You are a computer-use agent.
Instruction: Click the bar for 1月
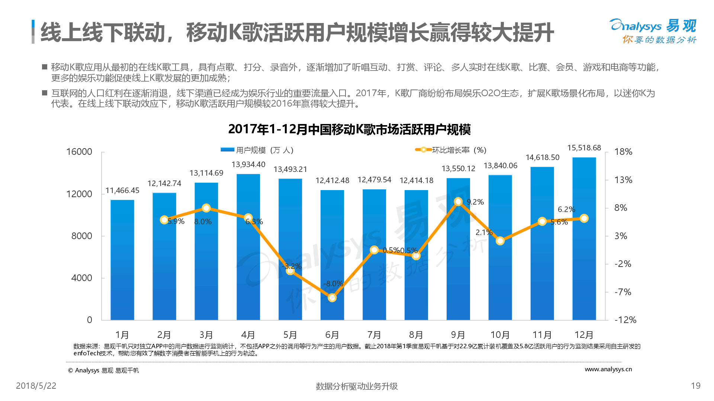coord(122,260)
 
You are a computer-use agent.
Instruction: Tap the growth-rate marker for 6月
coord(332,298)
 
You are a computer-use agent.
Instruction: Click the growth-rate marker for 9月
coord(458,202)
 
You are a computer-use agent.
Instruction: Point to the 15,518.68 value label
coord(584,148)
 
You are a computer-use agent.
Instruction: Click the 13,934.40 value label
coord(248,164)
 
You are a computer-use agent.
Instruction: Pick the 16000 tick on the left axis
coord(79,152)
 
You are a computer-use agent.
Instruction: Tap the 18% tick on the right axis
coord(623,152)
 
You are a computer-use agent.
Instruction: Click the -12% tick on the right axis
coord(625,320)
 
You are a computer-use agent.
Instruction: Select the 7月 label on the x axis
coord(374,335)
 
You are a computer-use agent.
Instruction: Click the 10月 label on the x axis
coord(500,335)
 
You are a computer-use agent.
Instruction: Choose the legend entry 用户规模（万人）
coord(257,150)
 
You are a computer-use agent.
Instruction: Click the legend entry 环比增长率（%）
coord(451,150)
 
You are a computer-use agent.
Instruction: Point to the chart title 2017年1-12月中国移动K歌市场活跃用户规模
coord(349,129)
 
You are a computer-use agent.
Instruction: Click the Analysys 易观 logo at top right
coord(653,31)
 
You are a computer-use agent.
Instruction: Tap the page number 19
coord(695,386)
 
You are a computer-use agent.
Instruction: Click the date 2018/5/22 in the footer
coord(36,386)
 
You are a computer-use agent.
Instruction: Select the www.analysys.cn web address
coord(608,369)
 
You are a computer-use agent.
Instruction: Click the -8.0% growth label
coord(333,284)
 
